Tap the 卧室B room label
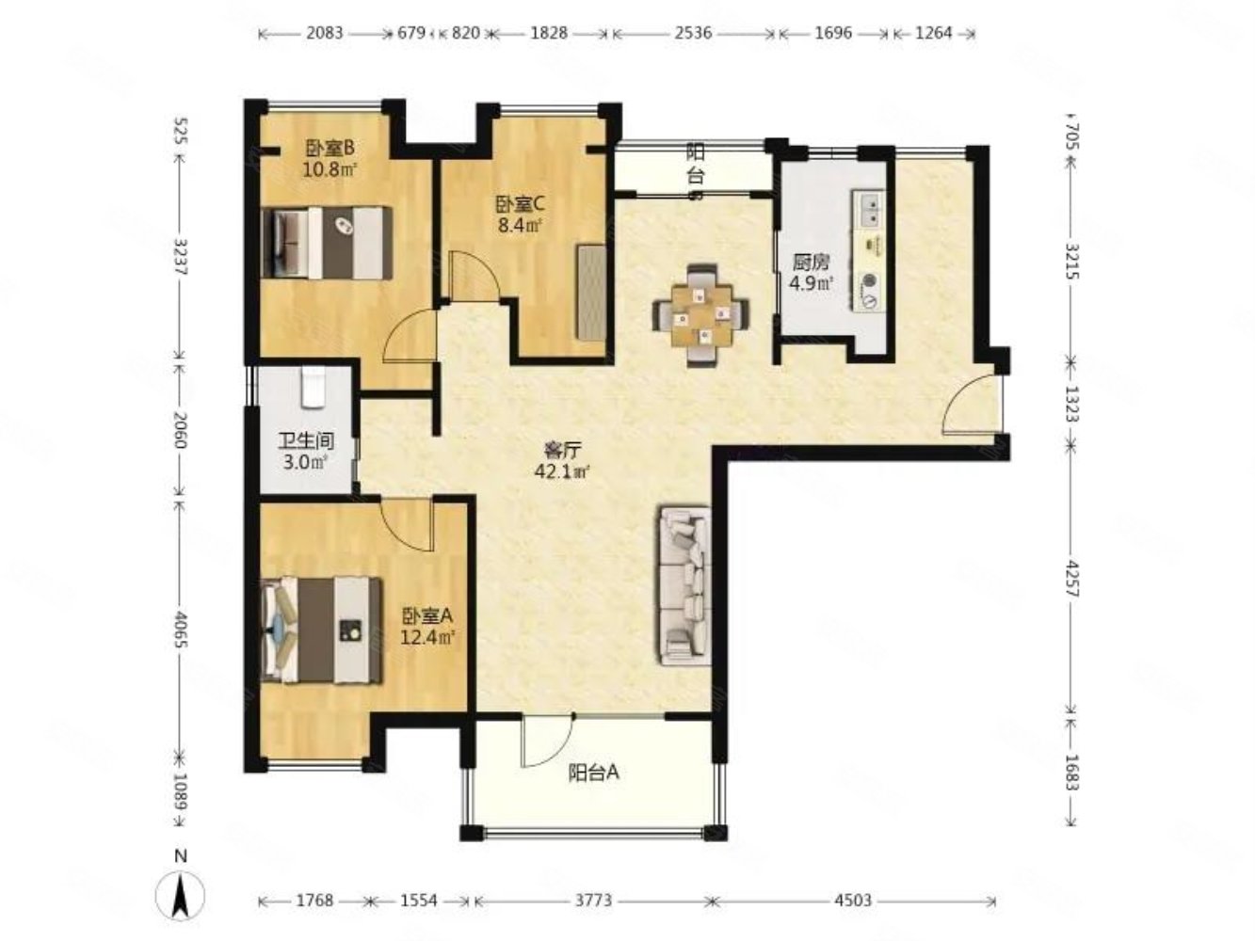tap(330, 149)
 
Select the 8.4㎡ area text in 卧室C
tap(519, 225)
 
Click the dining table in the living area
tap(701, 315)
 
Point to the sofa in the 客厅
tap(685, 585)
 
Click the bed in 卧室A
tap(321, 630)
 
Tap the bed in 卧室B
tap(327, 243)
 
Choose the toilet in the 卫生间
tap(313, 387)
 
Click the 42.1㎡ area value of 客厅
tap(561, 472)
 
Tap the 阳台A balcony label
tap(593, 773)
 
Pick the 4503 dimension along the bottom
tap(853, 901)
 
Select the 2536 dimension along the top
tap(693, 33)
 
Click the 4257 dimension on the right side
tap(1072, 579)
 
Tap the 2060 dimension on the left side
tap(180, 429)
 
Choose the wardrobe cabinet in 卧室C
tap(591, 293)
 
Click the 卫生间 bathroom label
tap(307, 441)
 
